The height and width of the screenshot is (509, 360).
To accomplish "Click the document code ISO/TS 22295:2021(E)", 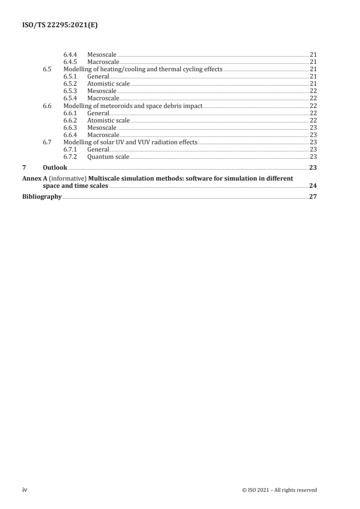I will (60, 26).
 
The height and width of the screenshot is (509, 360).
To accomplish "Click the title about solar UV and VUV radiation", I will (130, 142).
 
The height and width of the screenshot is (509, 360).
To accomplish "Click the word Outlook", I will (55, 168).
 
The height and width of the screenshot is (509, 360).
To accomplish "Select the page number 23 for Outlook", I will (312, 168).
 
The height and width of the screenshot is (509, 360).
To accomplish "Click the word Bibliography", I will (42, 197).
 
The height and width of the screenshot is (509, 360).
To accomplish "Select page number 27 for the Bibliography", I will (312, 197).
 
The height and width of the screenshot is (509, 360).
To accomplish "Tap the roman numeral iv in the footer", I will (25, 489).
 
